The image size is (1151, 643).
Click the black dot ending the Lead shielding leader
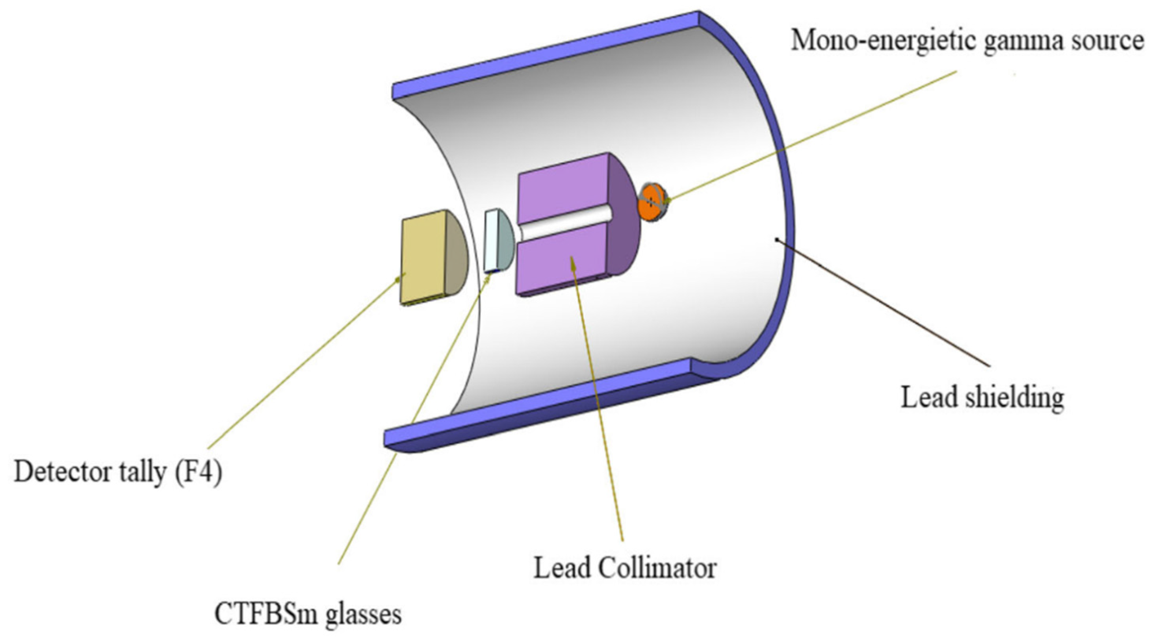(777, 240)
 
